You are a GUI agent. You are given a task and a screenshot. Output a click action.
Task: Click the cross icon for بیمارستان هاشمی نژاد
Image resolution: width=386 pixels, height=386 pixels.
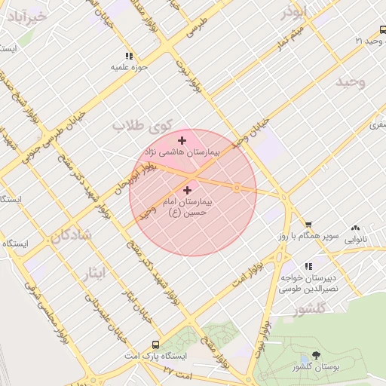[x=182, y=140]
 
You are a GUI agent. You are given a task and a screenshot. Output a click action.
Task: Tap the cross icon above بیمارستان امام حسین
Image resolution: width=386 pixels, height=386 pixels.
[x=187, y=191]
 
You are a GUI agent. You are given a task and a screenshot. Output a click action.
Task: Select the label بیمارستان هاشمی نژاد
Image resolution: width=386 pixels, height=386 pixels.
[x=182, y=152]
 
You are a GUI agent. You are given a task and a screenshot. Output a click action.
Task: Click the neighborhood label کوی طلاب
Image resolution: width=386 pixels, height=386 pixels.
[x=143, y=125]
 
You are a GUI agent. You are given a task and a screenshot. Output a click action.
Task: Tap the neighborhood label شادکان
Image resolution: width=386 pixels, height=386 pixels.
[x=72, y=235]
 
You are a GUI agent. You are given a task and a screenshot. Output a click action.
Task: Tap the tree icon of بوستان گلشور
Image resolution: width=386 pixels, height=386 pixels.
[x=315, y=355]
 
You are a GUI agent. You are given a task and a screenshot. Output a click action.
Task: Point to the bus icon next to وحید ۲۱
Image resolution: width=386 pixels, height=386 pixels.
[x=382, y=30]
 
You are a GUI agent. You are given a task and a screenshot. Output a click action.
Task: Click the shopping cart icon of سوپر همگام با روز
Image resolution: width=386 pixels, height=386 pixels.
[x=308, y=225]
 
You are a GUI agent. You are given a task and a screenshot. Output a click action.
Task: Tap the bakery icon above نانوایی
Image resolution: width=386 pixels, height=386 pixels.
[x=355, y=228]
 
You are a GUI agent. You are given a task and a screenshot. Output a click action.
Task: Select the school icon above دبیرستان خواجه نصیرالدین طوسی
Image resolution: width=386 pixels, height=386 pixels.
[x=308, y=266]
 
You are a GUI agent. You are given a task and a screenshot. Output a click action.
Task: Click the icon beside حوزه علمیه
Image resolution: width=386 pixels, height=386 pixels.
[x=129, y=55]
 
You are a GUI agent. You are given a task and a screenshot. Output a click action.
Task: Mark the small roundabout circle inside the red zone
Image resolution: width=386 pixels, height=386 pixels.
[x=237, y=188]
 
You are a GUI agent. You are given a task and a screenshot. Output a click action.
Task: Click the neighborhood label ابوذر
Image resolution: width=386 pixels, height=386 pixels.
[x=294, y=13]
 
